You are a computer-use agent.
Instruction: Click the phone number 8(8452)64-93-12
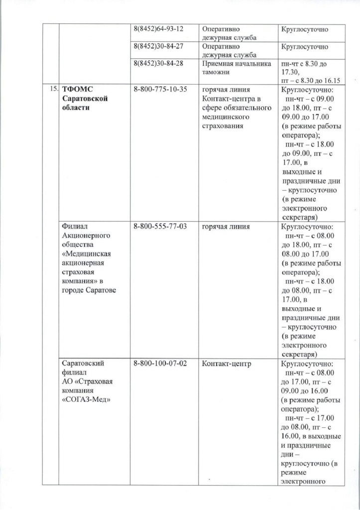click(x=156, y=29)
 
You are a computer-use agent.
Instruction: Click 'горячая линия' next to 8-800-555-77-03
click(x=225, y=227)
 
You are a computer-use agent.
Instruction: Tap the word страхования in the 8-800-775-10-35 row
click(x=223, y=126)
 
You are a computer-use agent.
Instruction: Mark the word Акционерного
click(x=84, y=236)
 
